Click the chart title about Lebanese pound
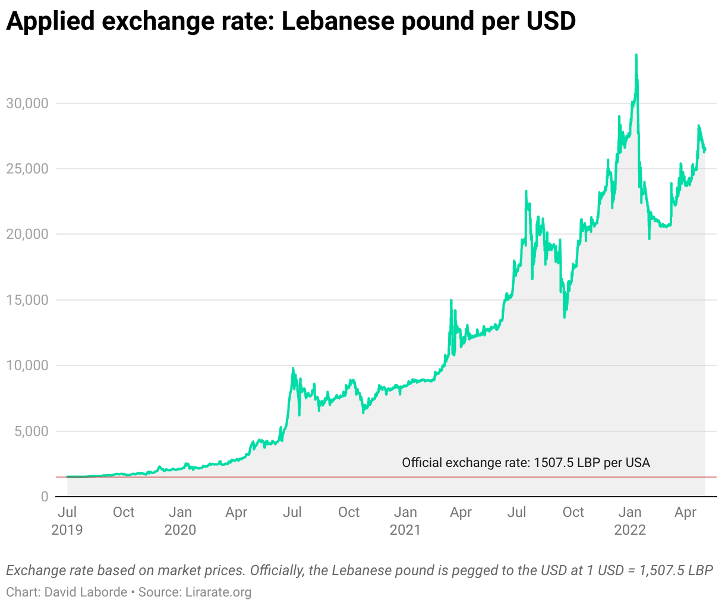point(291,21)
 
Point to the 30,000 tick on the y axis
point(27,103)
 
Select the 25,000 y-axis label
point(27,169)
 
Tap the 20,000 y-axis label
point(27,234)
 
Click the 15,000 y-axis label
point(27,300)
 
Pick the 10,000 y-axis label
point(27,365)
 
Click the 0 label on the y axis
point(45,497)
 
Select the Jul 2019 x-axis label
point(67,520)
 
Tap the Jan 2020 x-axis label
point(180,520)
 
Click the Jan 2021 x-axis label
point(405,520)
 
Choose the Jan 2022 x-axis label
point(630,520)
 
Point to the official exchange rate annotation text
point(525,463)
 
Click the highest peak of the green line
point(636,55)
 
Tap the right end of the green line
point(705,150)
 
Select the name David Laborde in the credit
point(86,592)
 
